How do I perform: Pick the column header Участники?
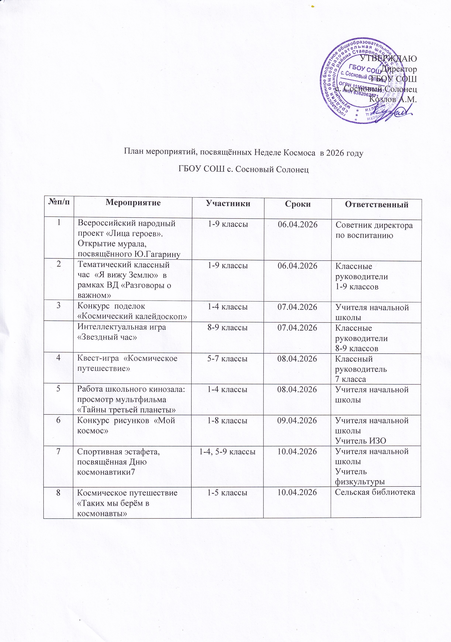tap(228, 204)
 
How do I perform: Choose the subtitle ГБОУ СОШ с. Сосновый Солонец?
tap(243, 169)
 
